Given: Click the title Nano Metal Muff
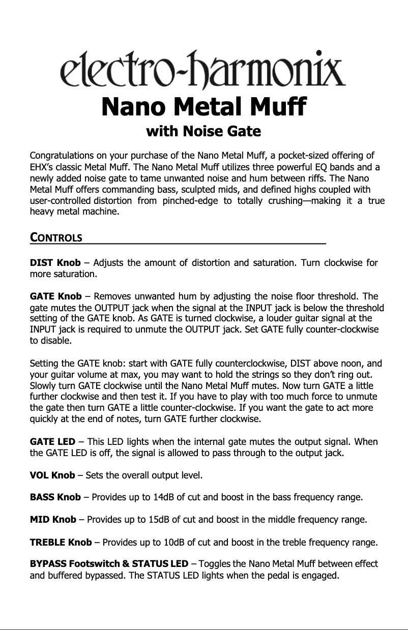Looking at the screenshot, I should (203, 108).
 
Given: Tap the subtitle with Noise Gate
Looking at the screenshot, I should (203, 132).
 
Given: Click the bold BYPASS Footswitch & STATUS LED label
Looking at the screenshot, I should (109, 565).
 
